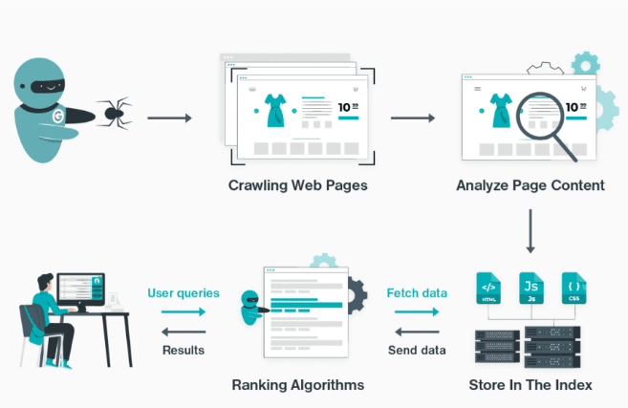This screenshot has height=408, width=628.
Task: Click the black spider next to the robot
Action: [114, 114]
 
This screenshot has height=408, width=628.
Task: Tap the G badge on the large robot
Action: [58, 117]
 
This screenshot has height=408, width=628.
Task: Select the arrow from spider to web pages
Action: [169, 118]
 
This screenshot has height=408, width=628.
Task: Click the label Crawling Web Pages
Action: [297, 185]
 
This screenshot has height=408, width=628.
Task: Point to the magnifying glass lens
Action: [539, 117]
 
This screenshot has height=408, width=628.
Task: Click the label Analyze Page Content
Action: [531, 185]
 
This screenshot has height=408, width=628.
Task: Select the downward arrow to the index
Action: [531, 231]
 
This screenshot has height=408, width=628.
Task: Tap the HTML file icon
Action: [488, 289]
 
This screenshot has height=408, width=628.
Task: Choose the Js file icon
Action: [531, 289]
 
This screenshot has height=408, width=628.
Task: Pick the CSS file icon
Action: [574, 289]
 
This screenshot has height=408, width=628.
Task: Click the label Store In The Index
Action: [531, 385]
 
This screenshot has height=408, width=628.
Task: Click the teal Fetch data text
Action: [417, 293]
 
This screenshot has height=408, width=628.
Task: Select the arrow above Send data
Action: [417, 332]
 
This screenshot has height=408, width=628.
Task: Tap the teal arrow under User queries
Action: [184, 311]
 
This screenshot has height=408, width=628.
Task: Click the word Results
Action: [184, 350]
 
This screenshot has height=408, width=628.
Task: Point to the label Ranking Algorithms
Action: [298, 385]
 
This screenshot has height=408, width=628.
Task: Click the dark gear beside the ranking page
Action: [357, 296]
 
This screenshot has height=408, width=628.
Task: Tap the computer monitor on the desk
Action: [81, 290]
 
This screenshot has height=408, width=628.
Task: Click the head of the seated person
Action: [45, 282]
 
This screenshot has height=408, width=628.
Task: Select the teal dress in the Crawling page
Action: [275, 111]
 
